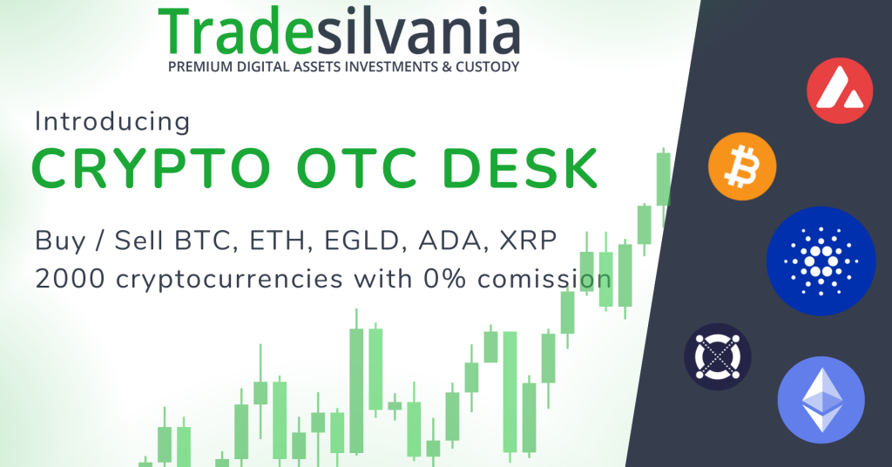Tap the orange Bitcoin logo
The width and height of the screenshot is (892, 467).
click(x=742, y=166)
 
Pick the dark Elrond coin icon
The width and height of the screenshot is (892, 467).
click(x=718, y=357)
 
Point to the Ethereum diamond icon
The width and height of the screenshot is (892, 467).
click(x=821, y=400)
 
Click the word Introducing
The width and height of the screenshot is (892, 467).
click(x=111, y=122)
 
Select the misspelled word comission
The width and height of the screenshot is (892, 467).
click(x=551, y=280)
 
